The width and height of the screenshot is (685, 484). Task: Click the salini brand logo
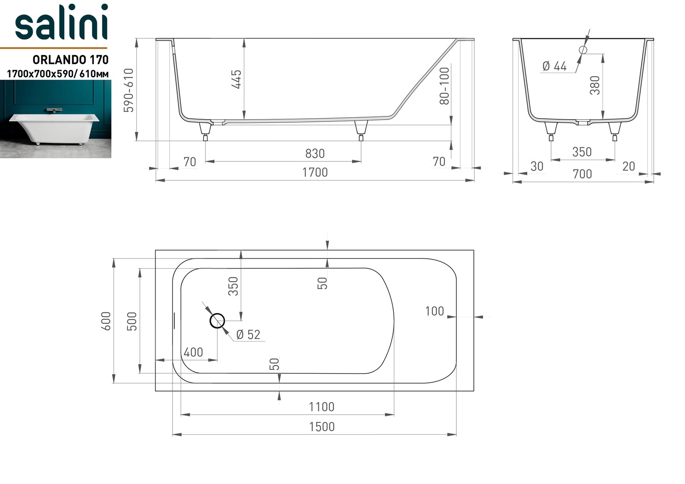pos(61,23)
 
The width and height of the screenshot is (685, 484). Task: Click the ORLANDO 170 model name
pos(70,60)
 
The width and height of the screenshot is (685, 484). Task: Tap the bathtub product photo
pos(56,119)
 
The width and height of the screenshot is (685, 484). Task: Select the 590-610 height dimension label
pos(129,90)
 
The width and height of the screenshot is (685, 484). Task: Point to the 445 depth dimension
pos(236,79)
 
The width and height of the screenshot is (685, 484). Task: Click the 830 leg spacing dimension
pos(315,154)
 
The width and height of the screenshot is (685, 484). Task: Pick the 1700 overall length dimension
pos(315,173)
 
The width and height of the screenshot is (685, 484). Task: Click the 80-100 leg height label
pos(444,86)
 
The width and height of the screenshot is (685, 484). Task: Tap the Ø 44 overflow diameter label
pos(554,66)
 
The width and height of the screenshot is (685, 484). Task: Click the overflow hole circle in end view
pos(583,50)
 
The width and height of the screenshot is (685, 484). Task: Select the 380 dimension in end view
pos(595,86)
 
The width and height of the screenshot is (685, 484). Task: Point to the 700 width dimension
pos(582,174)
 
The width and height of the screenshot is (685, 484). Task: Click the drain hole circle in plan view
pos(217,321)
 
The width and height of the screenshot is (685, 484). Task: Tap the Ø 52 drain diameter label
pos(248,335)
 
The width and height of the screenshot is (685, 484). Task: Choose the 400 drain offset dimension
pos(193,352)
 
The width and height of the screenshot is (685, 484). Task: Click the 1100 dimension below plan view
pos(321,407)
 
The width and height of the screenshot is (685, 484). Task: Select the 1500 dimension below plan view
pos(321,427)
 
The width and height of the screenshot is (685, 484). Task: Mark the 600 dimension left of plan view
pos(106,321)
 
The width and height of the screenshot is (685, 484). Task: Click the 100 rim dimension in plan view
pos(434,311)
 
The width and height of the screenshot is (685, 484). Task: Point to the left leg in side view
pos(205,129)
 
